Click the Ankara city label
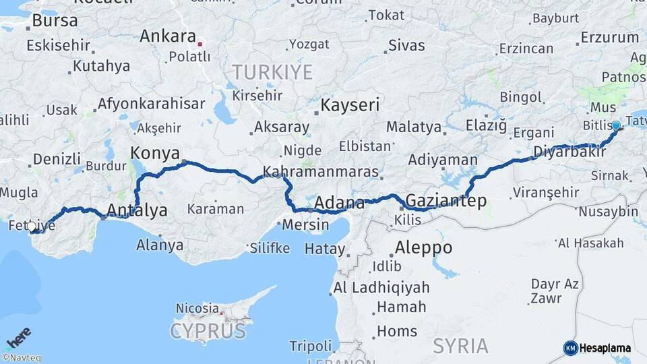pyautogui.click(x=167, y=36)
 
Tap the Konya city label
pyautogui.click(x=155, y=152)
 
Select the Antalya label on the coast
pyautogui.click(x=137, y=210)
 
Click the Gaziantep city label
pyautogui.click(x=445, y=201)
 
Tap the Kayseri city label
pyautogui.click(x=350, y=105)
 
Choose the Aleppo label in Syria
pyautogui.click(x=423, y=247)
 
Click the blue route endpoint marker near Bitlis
pyautogui.click(x=615, y=125)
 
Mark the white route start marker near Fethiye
pyautogui.click(x=32, y=226)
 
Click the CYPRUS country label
pyautogui.click(x=208, y=331)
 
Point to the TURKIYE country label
pyautogui.click(x=272, y=72)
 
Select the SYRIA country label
pyautogui.click(x=460, y=346)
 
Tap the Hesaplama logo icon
pyautogui.click(x=570, y=348)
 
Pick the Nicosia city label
pyautogui.click(x=197, y=308)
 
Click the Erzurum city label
pyautogui.click(x=609, y=38)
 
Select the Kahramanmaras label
pyautogui.click(x=321, y=172)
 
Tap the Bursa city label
pyautogui.click(x=55, y=21)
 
